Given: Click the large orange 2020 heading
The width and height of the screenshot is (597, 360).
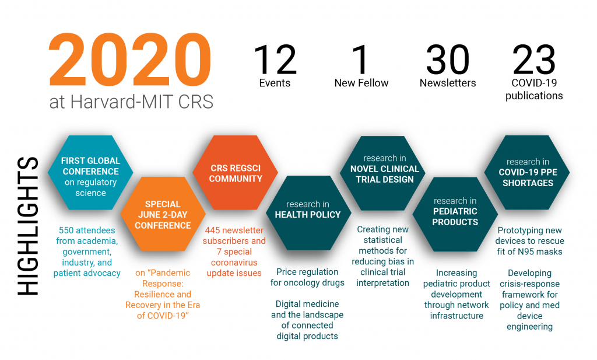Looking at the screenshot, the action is coord(130,60).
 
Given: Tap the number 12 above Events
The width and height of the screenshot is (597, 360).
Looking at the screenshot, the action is coord(275,60).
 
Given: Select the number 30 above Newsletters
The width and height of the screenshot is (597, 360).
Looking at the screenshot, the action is coord(448,60).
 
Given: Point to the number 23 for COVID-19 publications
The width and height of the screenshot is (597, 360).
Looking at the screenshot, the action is coord(534,60).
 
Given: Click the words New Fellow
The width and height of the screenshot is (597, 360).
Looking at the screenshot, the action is coord(361,83).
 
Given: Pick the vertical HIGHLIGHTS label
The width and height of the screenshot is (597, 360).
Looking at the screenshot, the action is coord(28,226).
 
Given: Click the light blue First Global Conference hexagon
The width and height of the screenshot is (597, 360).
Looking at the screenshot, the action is coord(90,172).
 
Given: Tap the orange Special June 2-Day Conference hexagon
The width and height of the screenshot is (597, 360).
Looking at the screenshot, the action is coord(163,214).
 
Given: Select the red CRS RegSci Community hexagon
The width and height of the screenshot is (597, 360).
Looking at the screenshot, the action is coord(236,172).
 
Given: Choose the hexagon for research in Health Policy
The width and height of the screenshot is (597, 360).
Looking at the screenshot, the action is coord(308,212).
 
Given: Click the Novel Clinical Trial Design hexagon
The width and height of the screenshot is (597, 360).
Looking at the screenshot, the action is coord(382,173).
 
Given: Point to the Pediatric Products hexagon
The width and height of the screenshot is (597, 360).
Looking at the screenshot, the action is coord(455,214).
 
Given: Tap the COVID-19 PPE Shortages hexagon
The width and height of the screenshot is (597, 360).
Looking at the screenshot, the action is coord(527,172).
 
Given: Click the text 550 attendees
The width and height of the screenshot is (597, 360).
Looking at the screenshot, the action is coord(87,230).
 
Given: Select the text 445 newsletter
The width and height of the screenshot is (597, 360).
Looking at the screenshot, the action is coord(234,230).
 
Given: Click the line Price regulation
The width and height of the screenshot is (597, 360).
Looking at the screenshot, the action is coord(307,272).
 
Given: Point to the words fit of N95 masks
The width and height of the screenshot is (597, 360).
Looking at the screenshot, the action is coord(529,252).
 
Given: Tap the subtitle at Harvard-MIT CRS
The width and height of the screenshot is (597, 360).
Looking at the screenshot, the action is coord(131,102).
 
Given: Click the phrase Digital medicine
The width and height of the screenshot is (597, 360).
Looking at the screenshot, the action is coord(307,304).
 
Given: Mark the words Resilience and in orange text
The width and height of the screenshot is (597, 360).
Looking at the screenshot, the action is coord(163,295).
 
